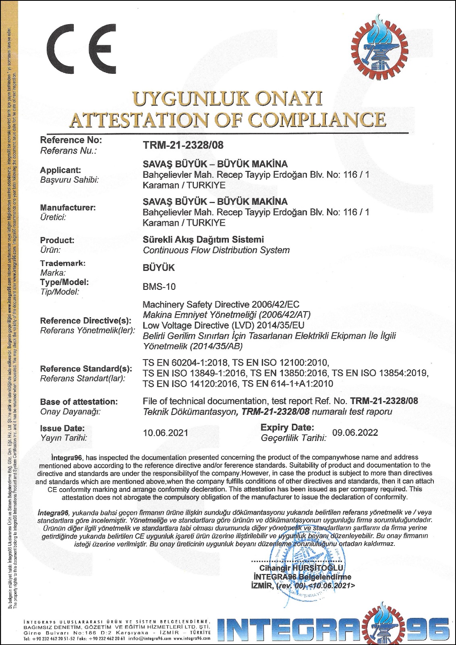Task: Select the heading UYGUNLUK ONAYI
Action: click(x=228, y=99)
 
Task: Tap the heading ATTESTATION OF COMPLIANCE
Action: click(x=228, y=120)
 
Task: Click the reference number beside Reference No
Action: click(x=183, y=145)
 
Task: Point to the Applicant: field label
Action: click(x=60, y=170)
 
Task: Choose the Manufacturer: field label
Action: click(x=68, y=208)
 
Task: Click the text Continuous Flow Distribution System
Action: click(x=216, y=250)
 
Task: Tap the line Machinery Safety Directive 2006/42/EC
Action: click(x=221, y=304)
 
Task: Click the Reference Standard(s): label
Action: click(x=86, y=369)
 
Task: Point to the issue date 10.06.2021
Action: click(x=166, y=433)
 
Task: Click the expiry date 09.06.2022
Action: click(x=355, y=433)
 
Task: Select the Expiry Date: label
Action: click(x=287, y=427)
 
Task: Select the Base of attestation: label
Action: click(x=79, y=402)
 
